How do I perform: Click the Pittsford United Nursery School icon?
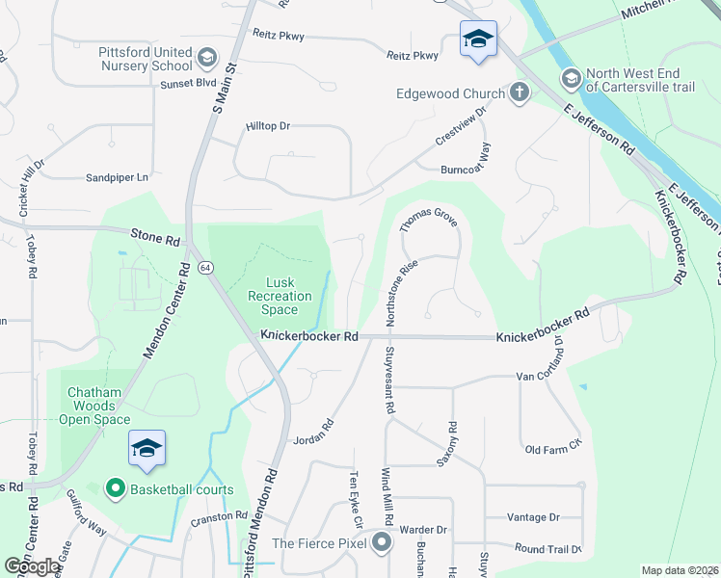[x=204, y=59]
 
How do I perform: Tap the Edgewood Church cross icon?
[x=520, y=93]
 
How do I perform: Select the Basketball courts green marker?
[x=116, y=489]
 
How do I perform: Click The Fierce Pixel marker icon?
[x=383, y=542]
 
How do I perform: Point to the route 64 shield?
[x=205, y=266]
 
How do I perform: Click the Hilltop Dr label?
[x=268, y=126]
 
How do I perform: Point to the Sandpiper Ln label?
[x=119, y=177]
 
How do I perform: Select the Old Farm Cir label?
[x=553, y=448]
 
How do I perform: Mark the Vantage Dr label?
[x=533, y=517]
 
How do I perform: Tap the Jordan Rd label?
[x=314, y=430]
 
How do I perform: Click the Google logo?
[x=32, y=566]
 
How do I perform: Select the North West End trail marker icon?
[x=569, y=78]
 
